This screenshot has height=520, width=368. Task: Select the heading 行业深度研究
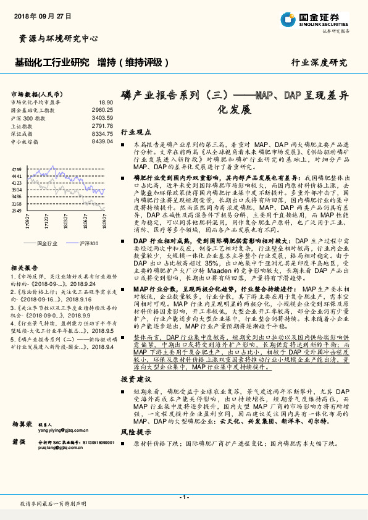coord(319,62)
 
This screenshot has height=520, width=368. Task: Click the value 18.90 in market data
coord(106,103)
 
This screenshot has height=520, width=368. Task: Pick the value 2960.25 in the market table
coord(102,110)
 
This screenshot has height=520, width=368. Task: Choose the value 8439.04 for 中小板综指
coord(102,141)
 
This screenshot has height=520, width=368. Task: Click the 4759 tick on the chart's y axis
coord(16,169)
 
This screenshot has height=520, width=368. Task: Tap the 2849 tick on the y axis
coord(16,210)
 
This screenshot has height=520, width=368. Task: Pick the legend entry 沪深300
coord(88,243)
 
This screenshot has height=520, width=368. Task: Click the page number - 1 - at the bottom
coord(184,497)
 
